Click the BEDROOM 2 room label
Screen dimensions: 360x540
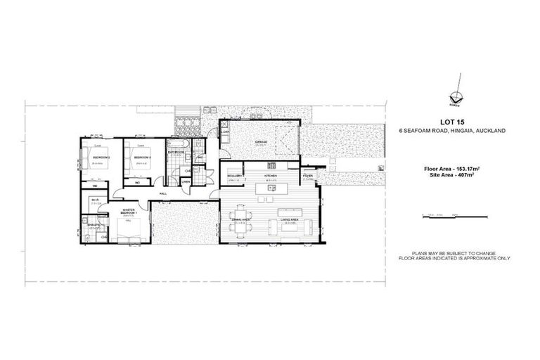tap(102, 157)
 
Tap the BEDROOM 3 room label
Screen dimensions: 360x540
tap(143, 157)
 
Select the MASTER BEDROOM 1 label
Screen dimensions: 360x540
tap(129, 210)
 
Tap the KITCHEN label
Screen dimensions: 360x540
tap(271, 176)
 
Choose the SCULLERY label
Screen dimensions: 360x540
tap(235, 176)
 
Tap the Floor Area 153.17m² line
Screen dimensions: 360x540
tap(451, 169)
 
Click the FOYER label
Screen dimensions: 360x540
tap(308, 176)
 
